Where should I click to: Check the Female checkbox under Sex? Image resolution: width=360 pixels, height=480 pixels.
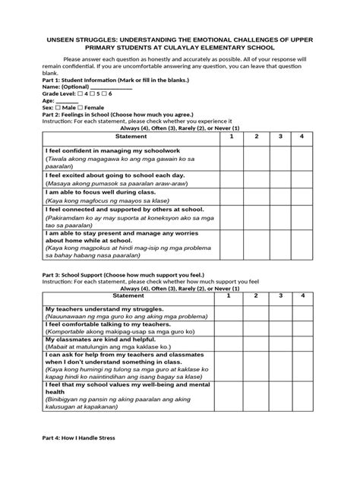click(x=82, y=107)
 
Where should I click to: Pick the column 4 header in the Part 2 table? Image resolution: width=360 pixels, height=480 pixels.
click(x=302, y=136)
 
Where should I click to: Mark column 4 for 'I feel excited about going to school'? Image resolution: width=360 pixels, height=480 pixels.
click(x=302, y=179)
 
